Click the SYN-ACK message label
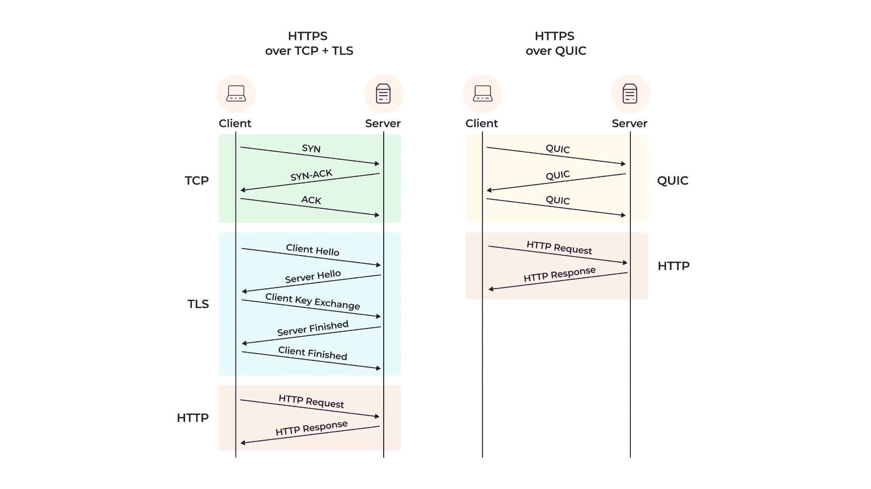pos(311,175)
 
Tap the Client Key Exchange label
pos(312,301)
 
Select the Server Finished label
pos(313,328)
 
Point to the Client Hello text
pos(312,250)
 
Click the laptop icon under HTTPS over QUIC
pos(482,93)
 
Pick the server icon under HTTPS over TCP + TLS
pos(383,93)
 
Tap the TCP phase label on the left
pos(196,180)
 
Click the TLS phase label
pos(198,304)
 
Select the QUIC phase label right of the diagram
pos(672,180)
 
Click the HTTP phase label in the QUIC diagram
pos(673,266)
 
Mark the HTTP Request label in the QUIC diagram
pos(559,248)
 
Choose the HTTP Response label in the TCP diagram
pos(311,428)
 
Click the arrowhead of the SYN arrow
pos(377,163)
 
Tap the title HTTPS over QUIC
pos(556,43)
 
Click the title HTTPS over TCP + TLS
pos(309,43)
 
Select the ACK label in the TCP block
pos(311,200)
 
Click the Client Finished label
pos(312,353)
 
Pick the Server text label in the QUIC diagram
pos(629,123)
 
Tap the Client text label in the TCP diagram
pos(235,123)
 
